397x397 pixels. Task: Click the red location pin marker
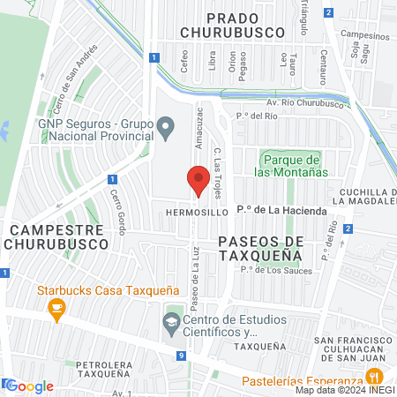click(198, 182)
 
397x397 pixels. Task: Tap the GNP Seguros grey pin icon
click(164, 131)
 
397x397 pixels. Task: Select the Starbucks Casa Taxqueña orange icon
click(57, 308)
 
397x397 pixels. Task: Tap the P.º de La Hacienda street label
click(281, 212)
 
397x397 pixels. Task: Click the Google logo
click(30, 386)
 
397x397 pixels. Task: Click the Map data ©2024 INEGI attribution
click(345, 390)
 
